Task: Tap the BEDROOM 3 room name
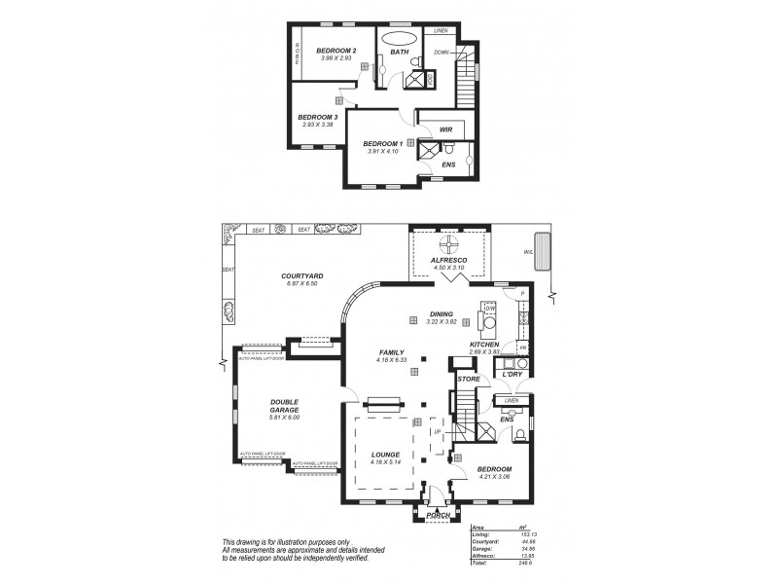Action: point(317,116)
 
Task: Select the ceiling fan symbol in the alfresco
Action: point(450,243)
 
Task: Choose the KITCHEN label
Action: point(484,345)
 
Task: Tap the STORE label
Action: point(470,378)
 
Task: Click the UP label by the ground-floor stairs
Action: point(438,431)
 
